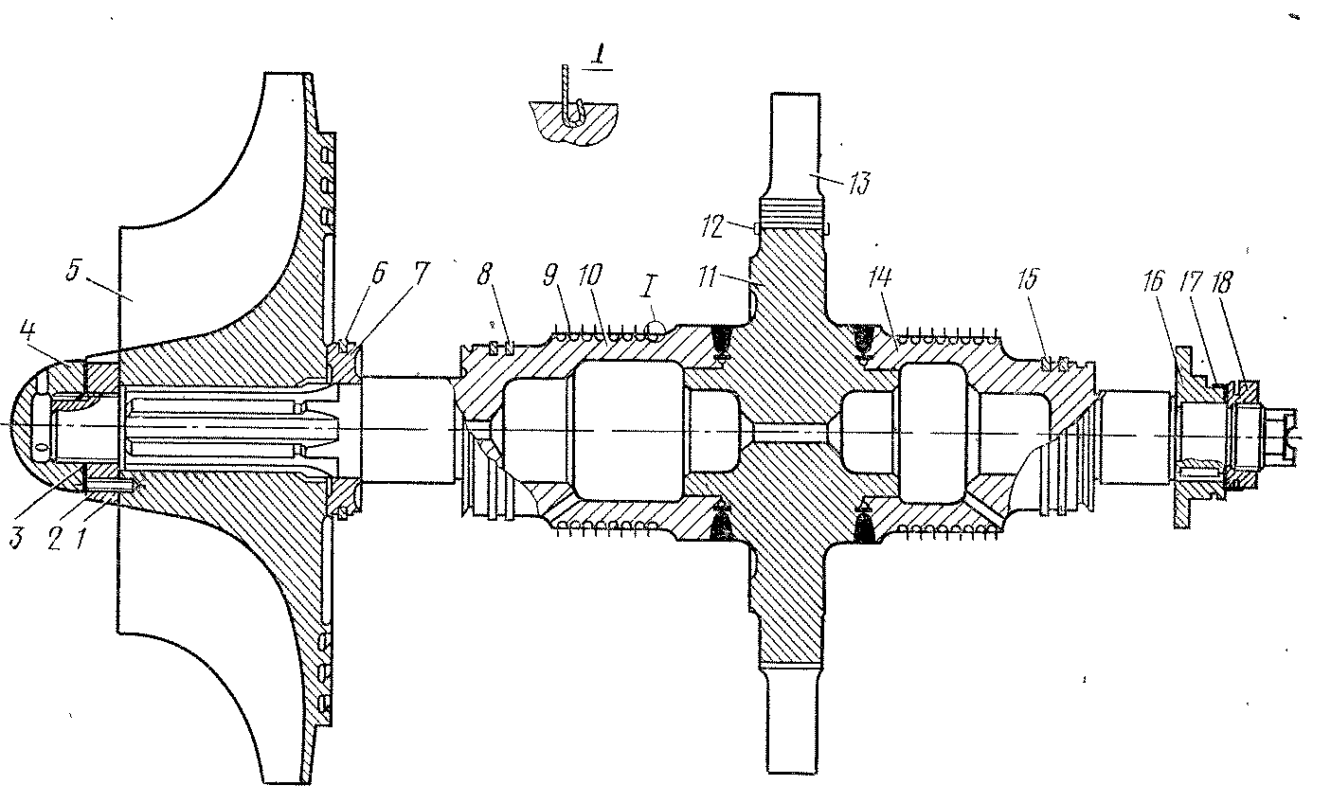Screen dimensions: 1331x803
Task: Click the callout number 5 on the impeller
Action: [73, 270]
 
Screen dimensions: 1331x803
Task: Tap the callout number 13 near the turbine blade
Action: [859, 184]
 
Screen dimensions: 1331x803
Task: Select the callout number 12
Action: [712, 227]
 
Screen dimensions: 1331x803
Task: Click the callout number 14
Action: [879, 277]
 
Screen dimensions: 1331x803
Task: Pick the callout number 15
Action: [1029, 279]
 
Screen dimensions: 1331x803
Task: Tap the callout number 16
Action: [1153, 281]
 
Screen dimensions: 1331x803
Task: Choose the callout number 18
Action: [1222, 283]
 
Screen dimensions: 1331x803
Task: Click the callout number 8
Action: [485, 274]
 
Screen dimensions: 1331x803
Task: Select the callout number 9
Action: [551, 275]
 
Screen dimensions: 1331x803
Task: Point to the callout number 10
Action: [590, 275]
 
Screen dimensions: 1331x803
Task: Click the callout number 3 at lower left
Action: [17, 537]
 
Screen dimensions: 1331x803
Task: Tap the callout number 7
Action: [420, 273]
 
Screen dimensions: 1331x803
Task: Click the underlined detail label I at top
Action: [599, 59]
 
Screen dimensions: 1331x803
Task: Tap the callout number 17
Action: [1190, 281]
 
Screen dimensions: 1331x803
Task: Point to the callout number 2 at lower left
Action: [54, 539]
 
